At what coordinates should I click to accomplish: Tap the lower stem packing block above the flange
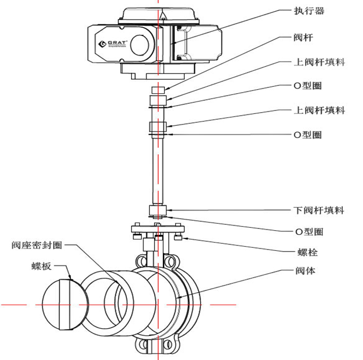point(158,211)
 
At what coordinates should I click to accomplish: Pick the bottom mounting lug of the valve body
point(158,345)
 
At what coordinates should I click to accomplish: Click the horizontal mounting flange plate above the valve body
point(158,229)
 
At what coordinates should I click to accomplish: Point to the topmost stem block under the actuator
point(158,89)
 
